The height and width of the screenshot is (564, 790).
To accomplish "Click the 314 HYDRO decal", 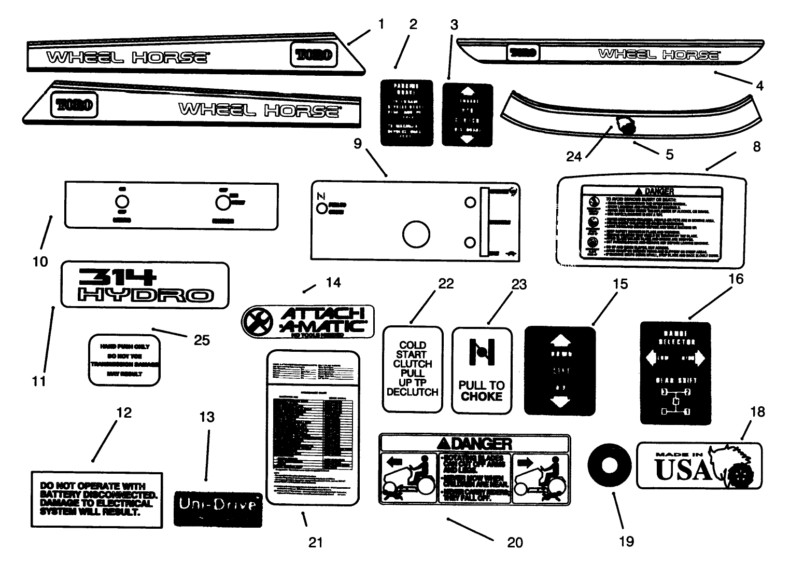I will [x=145, y=285].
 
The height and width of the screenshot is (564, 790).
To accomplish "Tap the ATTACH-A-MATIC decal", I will [x=308, y=321].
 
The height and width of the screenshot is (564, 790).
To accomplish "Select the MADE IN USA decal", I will [x=699, y=465].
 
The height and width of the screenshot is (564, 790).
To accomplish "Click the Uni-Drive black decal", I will [x=218, y=508].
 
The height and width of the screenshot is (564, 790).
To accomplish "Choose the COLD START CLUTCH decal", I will [x=413, y=369].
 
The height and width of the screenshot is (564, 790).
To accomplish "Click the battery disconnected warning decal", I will [x=96, y=499].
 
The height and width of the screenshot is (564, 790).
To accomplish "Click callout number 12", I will [x=124, y=413].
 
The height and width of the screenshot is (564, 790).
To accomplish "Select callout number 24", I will [x=574, y=156].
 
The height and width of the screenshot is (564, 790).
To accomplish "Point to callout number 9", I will [x=358, y=144].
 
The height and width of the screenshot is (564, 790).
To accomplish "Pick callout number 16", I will [x=736, y=279].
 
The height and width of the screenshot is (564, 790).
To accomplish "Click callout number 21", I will [x=315, y=542].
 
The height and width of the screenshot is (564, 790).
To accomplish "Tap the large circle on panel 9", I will [x=415, y=235].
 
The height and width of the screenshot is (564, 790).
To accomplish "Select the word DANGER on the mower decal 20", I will [x=476, y=443].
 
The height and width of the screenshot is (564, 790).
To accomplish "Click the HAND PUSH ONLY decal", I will [x=124, y=360].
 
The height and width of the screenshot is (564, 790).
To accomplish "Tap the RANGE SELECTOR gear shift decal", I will [x=675, y=373].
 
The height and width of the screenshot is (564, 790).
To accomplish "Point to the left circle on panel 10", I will [x=121, y=202].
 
